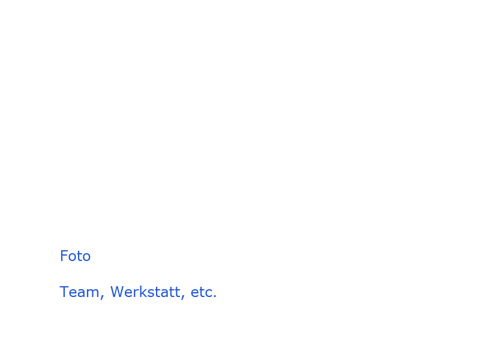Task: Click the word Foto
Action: point(76,256)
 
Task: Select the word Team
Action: point(79,292)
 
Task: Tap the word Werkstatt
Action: point(145,292)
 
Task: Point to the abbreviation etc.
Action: point(203,292)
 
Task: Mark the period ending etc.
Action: point(215,296)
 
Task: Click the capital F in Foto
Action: point(64,256)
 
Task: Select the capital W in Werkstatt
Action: point(118,292)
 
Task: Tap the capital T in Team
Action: point(64,292)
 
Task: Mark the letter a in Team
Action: point(82,293)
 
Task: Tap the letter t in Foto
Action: point(78,257)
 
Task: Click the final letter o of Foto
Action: point(86,257)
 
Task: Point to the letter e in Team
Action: point(73,293)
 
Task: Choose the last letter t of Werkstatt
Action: point(177,292)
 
